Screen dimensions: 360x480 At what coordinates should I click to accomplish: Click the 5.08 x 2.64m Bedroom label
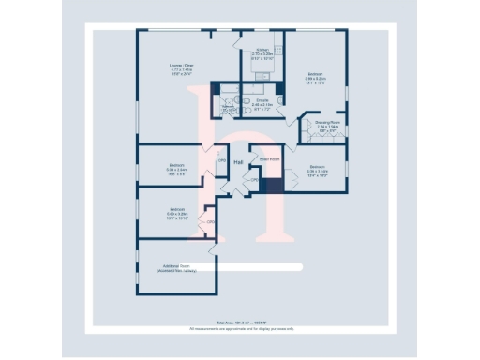[177, 166]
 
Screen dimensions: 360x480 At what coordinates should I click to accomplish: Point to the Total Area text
[240, 322]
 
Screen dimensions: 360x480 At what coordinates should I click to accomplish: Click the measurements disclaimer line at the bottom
[240, 328]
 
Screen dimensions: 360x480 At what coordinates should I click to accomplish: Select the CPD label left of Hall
[222, 161]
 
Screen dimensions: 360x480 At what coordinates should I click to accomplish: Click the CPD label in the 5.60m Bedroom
[211, 221]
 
